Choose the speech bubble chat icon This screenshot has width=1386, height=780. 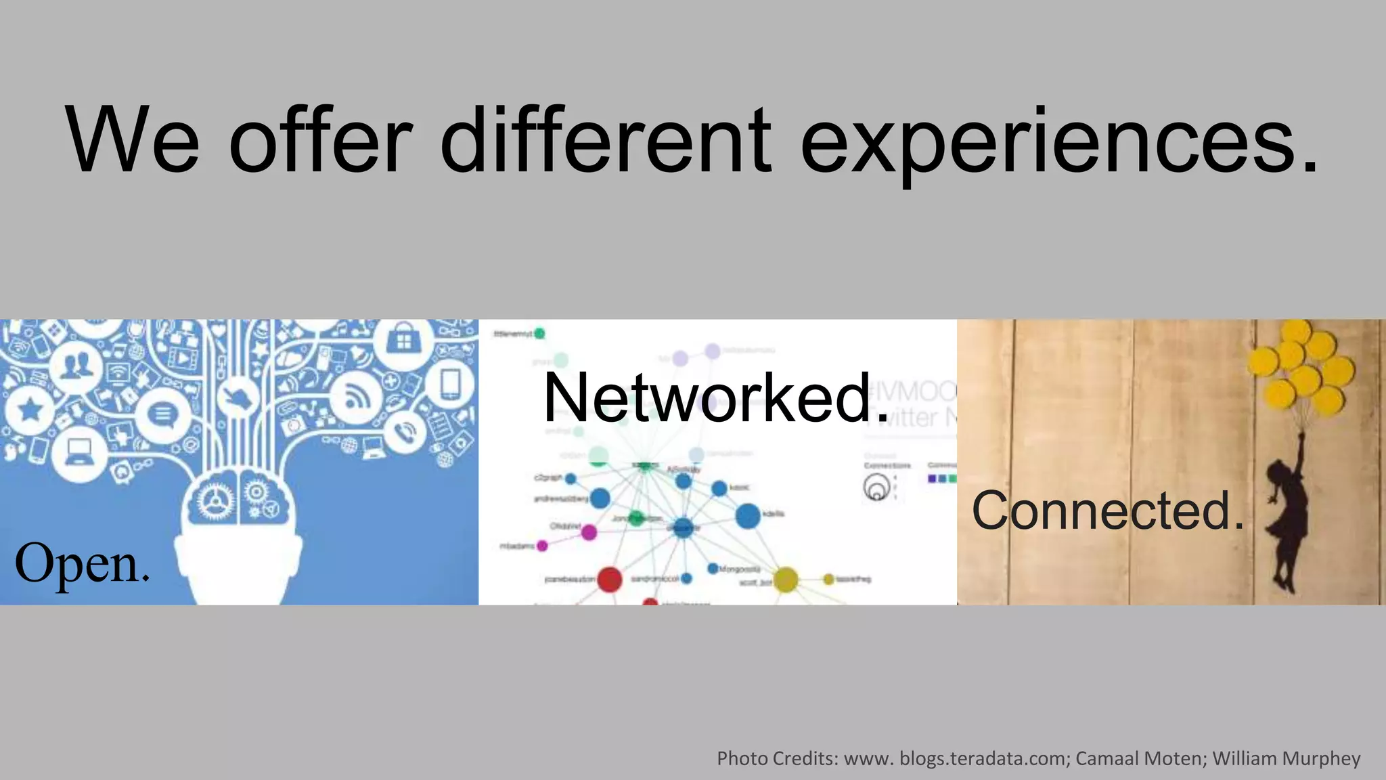(161, 414)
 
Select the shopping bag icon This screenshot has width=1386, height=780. (403, 340)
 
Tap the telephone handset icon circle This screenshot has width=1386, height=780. (405, 432)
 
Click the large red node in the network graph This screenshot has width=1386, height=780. (609, 580)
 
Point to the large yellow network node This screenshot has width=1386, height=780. (785, 580)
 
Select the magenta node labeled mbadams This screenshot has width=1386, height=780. (542, 546)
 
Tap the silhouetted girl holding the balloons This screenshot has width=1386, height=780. (1286, 521)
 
